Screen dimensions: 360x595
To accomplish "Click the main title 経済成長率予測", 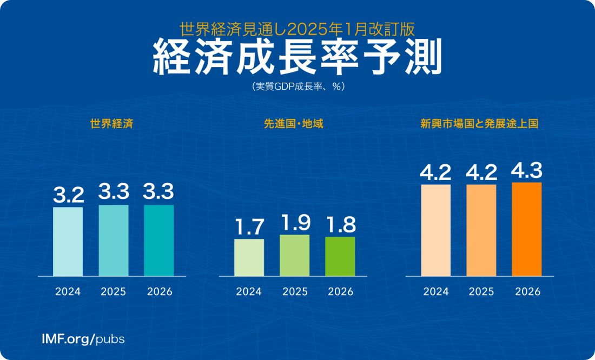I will point(297,56).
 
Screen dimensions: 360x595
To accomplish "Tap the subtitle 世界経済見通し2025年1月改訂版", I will point(297,26).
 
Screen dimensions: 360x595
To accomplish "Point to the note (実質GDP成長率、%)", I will point(297,86).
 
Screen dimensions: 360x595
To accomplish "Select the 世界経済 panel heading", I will point(113,124).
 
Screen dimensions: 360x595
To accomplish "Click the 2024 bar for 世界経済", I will point(68,241).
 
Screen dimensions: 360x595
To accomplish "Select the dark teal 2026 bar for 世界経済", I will point(159,240).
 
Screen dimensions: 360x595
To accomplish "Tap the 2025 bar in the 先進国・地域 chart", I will point(295,255).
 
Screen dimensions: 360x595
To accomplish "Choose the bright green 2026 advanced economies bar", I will point(340,256).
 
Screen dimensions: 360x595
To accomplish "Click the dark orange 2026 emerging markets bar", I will point(527,229).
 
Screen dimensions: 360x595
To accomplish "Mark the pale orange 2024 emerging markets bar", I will point(435,230).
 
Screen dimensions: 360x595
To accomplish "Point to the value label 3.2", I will point(68,195).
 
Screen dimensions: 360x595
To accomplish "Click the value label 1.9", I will point(295,223).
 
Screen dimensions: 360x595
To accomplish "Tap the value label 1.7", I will point(249,228).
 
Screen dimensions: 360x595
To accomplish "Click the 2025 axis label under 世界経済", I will point(114,292).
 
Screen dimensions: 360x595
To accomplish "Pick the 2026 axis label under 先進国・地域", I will point(340,292).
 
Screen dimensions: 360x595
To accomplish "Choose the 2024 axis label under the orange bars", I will point(435,292).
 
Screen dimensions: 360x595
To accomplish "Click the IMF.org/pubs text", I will point(83,339).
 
